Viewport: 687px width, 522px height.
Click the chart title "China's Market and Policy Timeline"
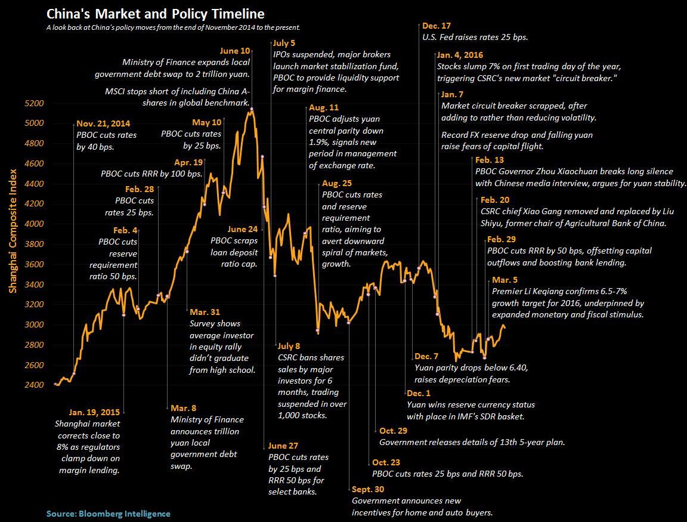[156, 13]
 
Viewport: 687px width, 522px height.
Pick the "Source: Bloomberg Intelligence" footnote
[108, 513]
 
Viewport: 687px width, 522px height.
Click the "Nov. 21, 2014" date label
[103, 124]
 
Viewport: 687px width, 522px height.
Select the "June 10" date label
[236, 51]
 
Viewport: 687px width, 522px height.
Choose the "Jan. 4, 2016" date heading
[460, 55]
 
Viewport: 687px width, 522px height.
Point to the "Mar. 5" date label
[505, 280]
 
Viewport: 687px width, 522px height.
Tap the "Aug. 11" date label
[324, 108]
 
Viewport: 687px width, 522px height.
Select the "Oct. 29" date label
[393, 431]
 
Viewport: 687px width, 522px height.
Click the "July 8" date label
[289, 346]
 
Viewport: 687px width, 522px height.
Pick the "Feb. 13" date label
[490, 160]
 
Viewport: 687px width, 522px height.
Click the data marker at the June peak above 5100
[252, 109]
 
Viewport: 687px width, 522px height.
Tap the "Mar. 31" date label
[205, 312]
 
